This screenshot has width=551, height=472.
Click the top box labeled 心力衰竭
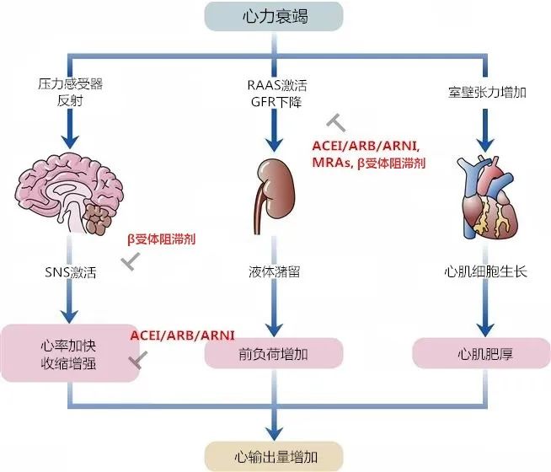[x=275, y=16]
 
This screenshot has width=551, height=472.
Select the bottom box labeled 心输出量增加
[x=275, y=456]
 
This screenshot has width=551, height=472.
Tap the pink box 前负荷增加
[x=274, y=354]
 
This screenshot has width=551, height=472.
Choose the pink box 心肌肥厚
[x=478, y=354]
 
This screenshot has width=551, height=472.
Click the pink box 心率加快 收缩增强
[x=69, y=353]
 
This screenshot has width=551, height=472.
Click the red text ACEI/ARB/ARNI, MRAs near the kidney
[x=367, y=152]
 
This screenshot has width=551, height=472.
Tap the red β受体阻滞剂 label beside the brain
[x=161, y=239]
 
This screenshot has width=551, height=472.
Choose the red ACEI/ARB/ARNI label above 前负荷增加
[x=182, y=335]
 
